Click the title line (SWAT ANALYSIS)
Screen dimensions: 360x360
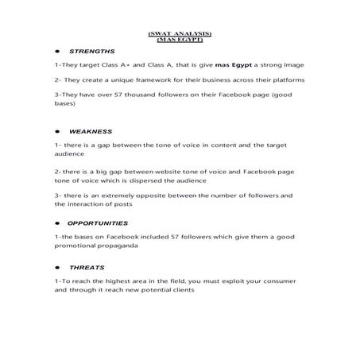(180, 33)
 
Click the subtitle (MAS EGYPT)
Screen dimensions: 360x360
(180, 39)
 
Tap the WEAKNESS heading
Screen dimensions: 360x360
(91, 130)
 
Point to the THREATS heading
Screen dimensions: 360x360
(86, 267)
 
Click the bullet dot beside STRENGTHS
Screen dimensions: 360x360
(58, 51)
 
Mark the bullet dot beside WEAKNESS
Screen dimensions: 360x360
(58, 130)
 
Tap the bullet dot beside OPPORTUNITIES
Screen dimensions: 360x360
(58, 223)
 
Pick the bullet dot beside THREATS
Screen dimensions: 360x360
(58, 267)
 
